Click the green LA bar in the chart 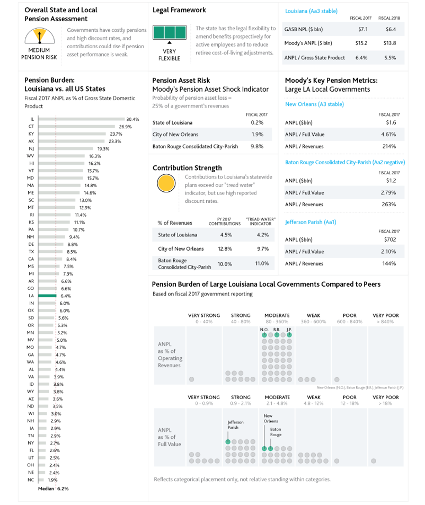(x=47, y=296)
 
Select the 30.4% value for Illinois (x=132, y=120)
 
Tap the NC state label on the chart (x=31, y=480)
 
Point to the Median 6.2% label (x=54, y=489)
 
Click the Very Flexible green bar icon (x=169, y=32)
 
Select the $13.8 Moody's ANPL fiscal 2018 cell (x=391, y=43)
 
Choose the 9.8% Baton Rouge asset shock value (x=257, y=146)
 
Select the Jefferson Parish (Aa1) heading (x=311, y=222)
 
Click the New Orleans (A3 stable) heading (x=314, y=104)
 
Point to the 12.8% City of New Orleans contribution (x=225, y=249)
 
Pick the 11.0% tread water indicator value (x=262, y=263)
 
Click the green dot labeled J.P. (x=289, y=335)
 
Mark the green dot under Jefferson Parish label (x=228, y=441)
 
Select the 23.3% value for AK (x=115, y=141)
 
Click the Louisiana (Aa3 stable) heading (x=311, y=11)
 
